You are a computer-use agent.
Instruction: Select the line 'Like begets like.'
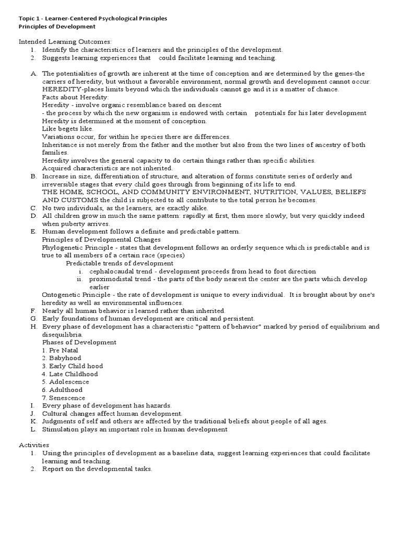pyautogui.click(x=68, y=129)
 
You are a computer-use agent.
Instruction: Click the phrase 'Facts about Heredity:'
pyautogui.click(x=75, y=97)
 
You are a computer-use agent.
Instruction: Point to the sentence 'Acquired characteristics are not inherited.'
pyautogui.click(x=107, y=168)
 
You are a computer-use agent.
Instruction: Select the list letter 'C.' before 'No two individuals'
pyautogui.click(x=33, y=208)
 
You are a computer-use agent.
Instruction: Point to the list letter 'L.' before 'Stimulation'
pyautogui.click(x=33, y=429)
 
